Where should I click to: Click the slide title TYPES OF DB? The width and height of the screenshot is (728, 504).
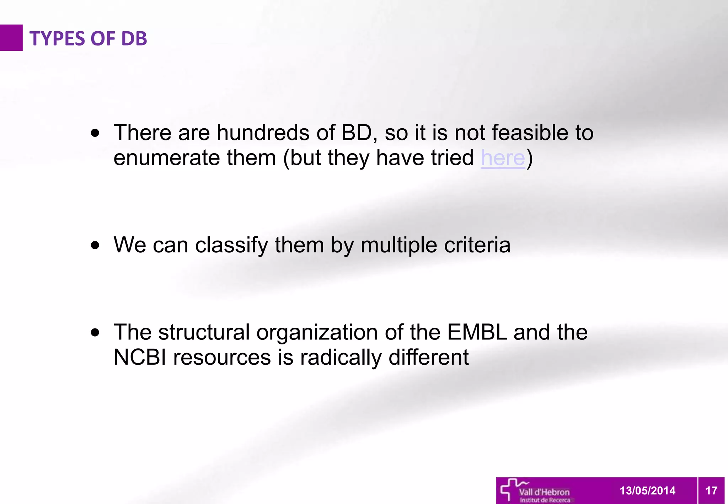[x=88, y=38]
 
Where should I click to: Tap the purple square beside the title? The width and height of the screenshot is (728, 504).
[x=11, y=38]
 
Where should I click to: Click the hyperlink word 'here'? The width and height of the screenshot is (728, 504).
[x=503, y=157]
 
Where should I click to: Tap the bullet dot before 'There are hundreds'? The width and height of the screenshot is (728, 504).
[x=95, y=133]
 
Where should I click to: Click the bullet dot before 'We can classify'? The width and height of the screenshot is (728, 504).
[x=95, y=245]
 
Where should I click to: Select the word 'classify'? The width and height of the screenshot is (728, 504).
[x=231, y=245]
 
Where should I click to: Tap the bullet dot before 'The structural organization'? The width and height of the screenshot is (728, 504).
[x=95, y=333]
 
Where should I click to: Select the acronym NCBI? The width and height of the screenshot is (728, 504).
[x=140, y=357]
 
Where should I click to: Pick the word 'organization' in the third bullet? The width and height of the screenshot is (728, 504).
[x=317, y=333]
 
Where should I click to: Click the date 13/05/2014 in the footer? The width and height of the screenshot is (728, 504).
[x=647, y=490]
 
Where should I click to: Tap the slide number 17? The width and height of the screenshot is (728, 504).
[x=711, y=490]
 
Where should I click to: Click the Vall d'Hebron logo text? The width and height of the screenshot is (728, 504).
[x=544, y=492]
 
